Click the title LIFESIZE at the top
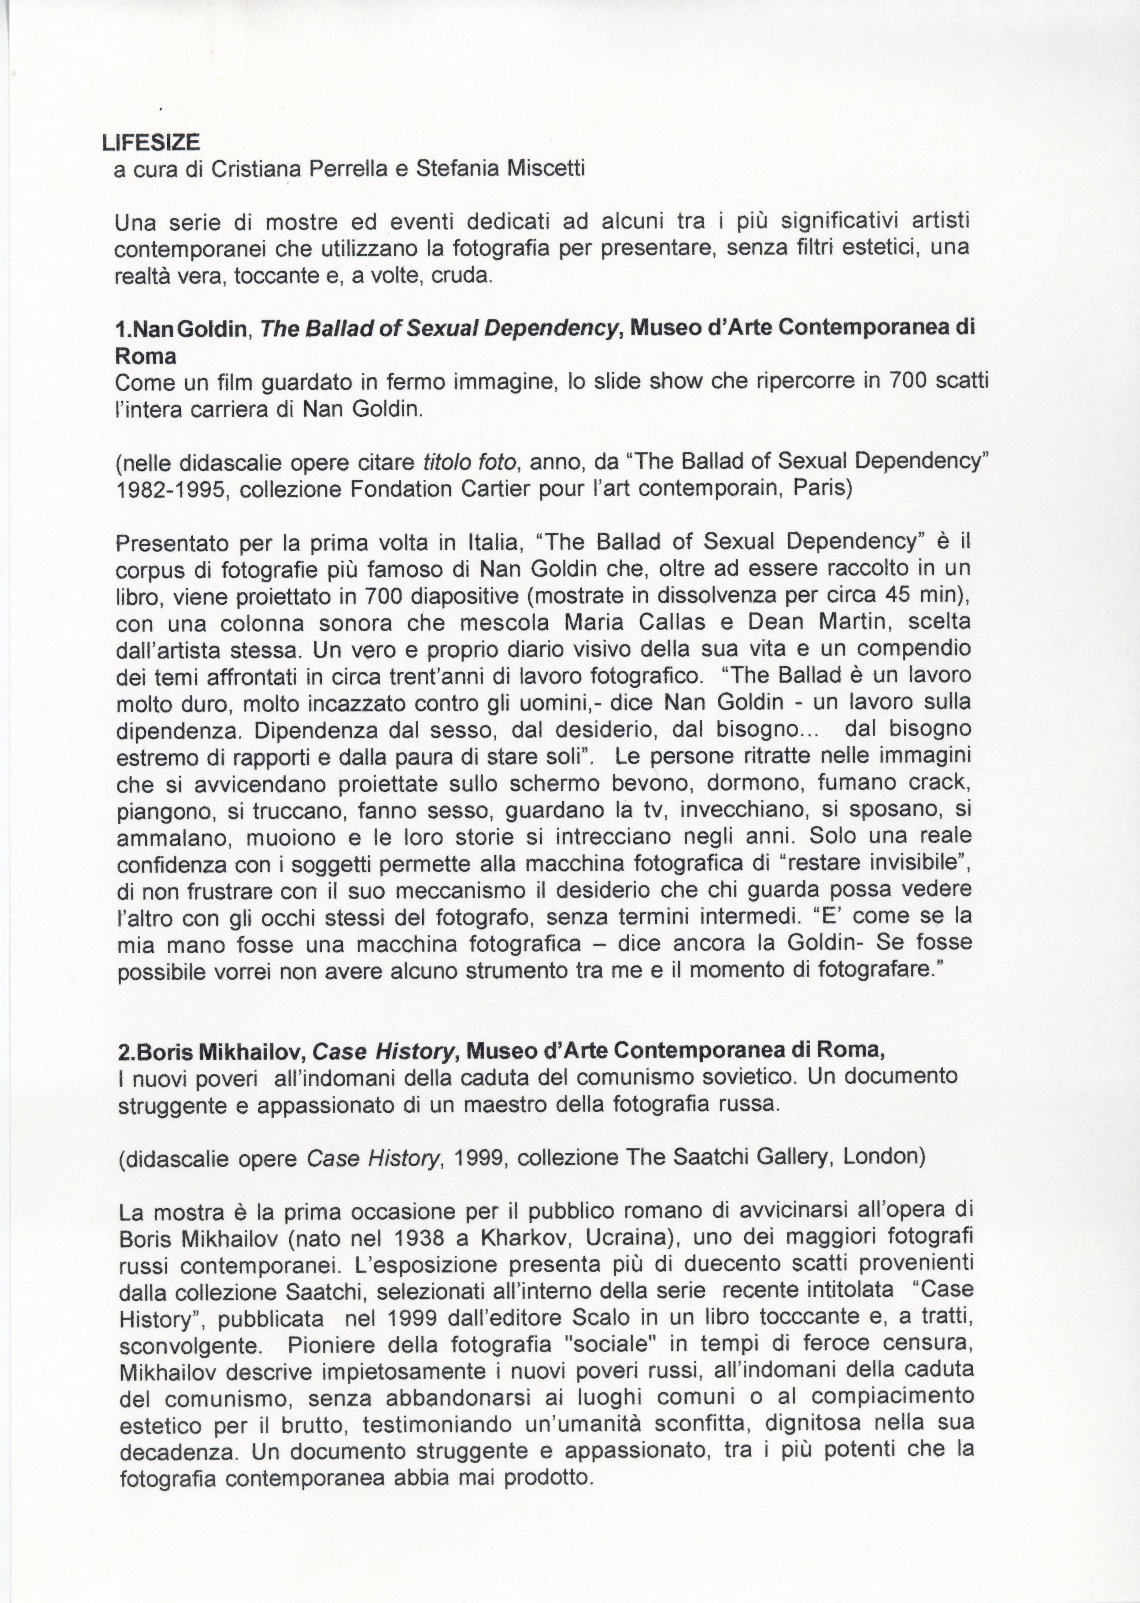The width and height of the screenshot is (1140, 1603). pos(151,143)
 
